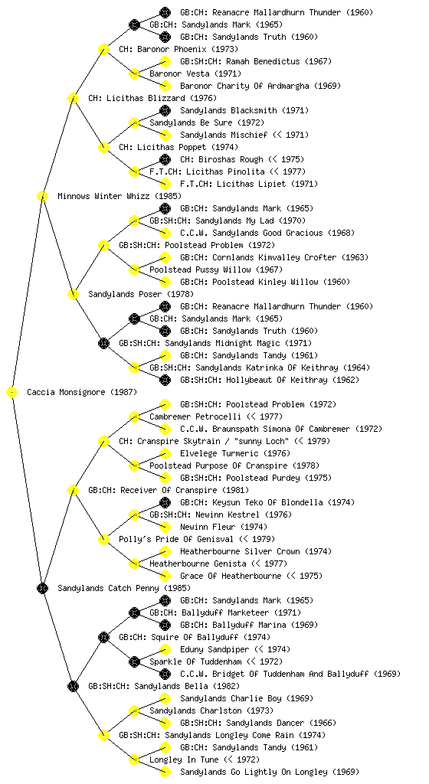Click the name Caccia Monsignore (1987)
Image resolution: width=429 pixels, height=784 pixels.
pyautogui.click(x=82, y=392)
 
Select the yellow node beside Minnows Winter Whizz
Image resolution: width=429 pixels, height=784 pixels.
pyautogui.click(x=42, y=196)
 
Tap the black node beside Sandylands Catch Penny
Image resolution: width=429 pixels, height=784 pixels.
pyautogui.click(x=42, y=588)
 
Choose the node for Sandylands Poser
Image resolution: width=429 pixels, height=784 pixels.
pyautogui.click(x=73, y=294)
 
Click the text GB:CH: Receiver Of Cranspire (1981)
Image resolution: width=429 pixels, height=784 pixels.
pyautogui.click(x=169, y=490)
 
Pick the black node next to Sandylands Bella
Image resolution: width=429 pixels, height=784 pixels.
pyautogui.click(x=73, y=686)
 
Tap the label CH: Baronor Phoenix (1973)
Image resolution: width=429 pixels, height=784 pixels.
pyautogui.click(x=178, y=49)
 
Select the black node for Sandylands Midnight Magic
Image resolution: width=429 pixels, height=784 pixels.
pyautogui.click(x=103, y=343)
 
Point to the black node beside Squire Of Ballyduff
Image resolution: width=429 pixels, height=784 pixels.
pyautogui.click(x=103, y=637)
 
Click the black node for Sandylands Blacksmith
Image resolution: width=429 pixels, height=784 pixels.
pyautogui.click(x=165, y=110)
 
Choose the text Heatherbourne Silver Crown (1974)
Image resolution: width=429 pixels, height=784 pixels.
pyautogui.click(x=256, y=551)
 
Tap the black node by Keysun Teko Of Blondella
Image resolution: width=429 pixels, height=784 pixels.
pyautogui.click(x=165, y=502)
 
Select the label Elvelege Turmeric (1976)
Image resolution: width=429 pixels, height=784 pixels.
pyautogui.click(x=235, y=453)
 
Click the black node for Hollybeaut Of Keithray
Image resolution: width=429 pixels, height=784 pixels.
pyautogui.click(x=165, y=380)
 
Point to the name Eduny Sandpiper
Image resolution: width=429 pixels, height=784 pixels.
pyautogui.click(x=215, y=649)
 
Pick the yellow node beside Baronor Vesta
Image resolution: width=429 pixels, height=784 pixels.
pyautogui.click(x=134, y=73)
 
